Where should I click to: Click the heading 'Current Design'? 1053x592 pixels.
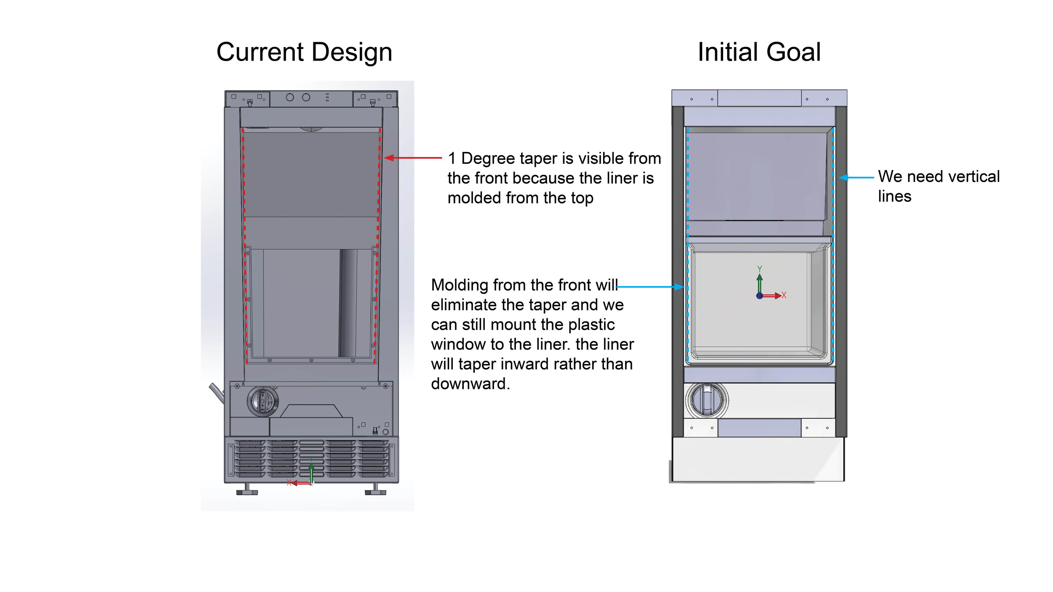click(x=304, y=52)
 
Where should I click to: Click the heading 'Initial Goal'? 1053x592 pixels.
click(x=759, y=52)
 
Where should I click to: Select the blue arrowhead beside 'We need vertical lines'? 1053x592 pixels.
click(x=843, y=178)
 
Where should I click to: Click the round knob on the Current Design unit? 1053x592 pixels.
click(x=262, y=400)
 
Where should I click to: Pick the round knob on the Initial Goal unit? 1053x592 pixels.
click(x=707, y=400)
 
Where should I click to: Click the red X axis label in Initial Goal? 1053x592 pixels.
click(x=784, y=295)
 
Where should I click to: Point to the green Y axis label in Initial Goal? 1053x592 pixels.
click(x=759, y=269)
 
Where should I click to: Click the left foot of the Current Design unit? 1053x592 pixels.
click(x=247, y=490)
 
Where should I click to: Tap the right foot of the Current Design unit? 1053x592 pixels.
click(x=375, y=490)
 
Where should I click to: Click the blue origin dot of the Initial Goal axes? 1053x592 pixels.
click(x=759, y=296)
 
